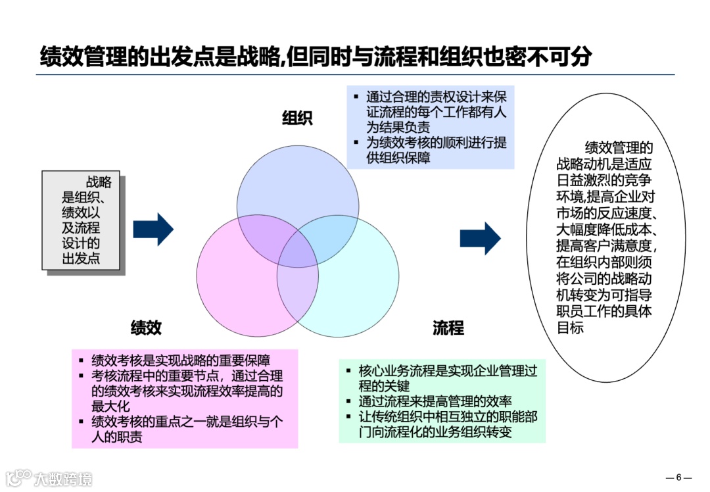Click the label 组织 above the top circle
click(x=297, y=118)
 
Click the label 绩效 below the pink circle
click(x=146, y=328)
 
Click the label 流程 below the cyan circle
click(x=448, y=328)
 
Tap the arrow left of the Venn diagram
click(x=153, y=230)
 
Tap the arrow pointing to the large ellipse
click(x=480, y=238)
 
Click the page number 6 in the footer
click(x=679, y=478)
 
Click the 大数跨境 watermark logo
click(x=49, y=478)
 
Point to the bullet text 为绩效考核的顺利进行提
click(x=437, y=143)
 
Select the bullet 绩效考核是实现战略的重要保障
click(x=181, y=360)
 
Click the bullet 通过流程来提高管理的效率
click(x=435, y=401)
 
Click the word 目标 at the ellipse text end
click(x=570, y=328)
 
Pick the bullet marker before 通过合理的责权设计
click(x=356, y=96)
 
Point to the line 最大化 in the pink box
click(x=110, y=406)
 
